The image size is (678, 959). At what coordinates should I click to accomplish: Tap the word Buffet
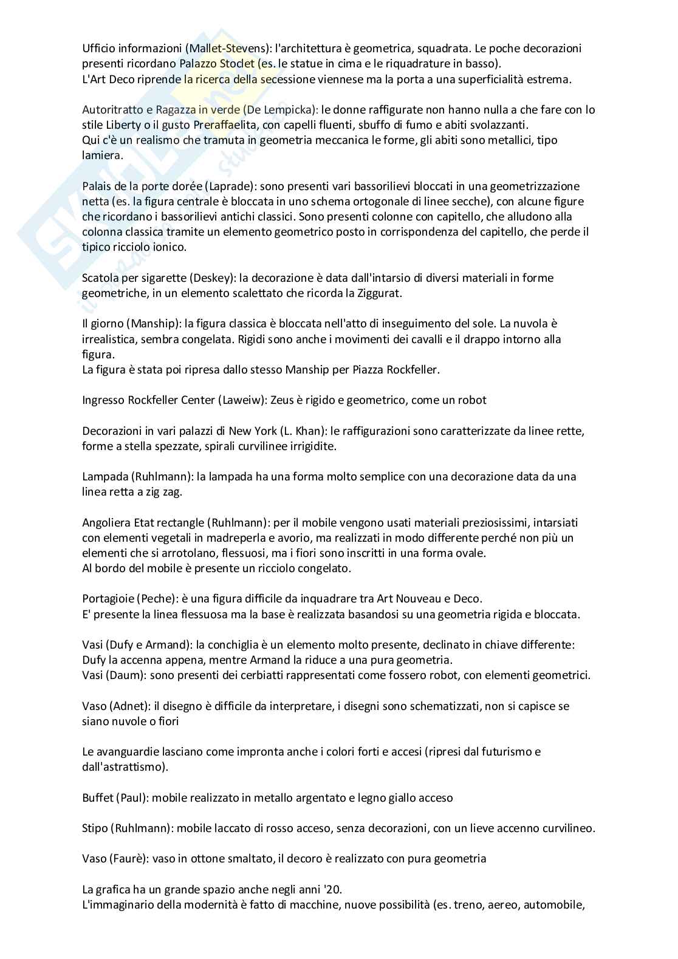(97, 797)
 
